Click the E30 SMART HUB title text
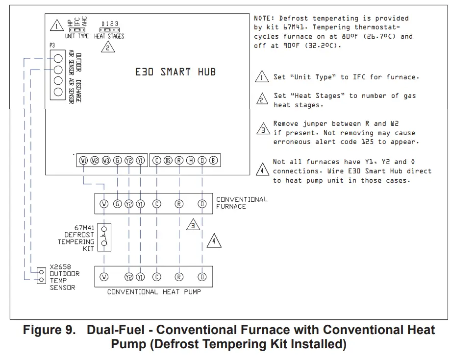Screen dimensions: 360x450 coord(175,72)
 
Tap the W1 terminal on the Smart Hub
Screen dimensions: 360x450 coord(83,160)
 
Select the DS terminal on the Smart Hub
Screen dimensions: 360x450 coord(168,160)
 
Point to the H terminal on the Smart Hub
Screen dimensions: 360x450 coord(191,160)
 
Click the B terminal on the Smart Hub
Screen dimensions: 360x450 coord(213,160)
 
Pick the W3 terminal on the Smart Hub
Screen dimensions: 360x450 coord(106,160)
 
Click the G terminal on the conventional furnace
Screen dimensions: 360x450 coord(117,204)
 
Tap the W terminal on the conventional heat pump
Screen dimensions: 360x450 coord(104,277)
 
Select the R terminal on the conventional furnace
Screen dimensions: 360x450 coord(179,204)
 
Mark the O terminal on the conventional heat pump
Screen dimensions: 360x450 coord(202,277)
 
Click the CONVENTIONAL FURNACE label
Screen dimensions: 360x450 coord(242,203)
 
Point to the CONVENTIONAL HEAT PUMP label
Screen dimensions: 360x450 coord(154,291)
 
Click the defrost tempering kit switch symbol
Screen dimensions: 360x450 coord(104,237)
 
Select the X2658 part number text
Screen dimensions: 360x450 coord(61,267)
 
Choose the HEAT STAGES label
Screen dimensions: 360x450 coord(109,36)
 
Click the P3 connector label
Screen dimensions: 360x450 coord(52,45)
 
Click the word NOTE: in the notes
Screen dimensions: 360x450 coord(264,18)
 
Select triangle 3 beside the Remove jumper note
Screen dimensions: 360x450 coord(263,130)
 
